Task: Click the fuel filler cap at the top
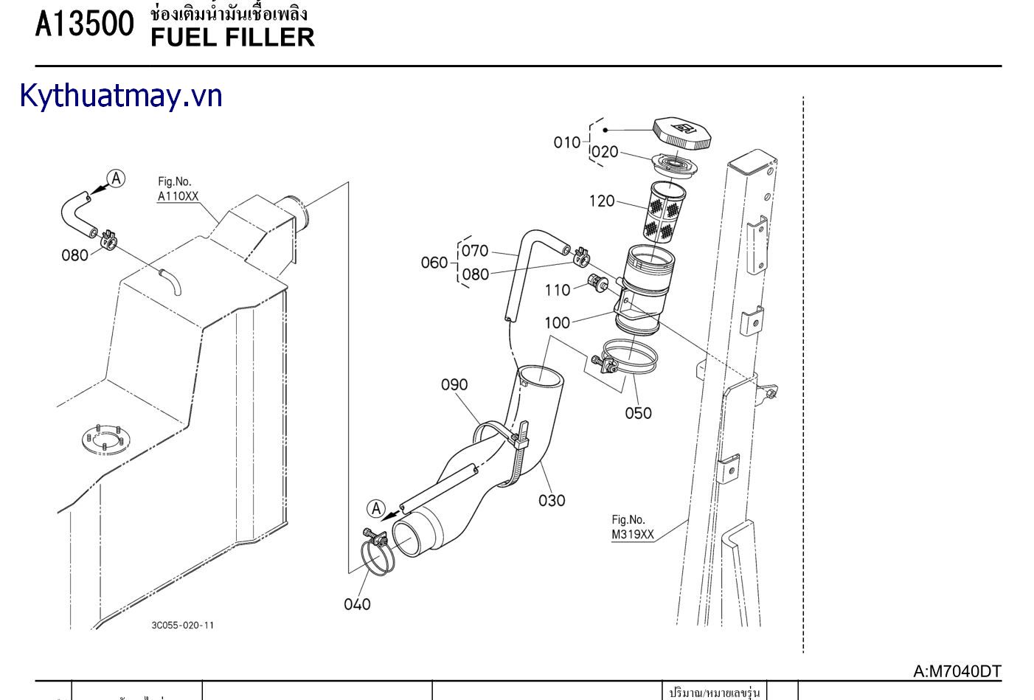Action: (x=682, y=133)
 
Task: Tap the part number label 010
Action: (x=567, y=142)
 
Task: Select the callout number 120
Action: (x=602, y=201)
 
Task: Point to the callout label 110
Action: (x=558, y=291)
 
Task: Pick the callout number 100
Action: (x=558, y=323)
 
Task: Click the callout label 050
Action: (x=639, y=413)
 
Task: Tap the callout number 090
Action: (x=454, y=385)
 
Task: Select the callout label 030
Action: (x=552, y=501)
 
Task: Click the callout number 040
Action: (x=358, y=605)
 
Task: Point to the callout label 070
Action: (x=475, y=252)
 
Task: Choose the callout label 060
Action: (x=434, y=263)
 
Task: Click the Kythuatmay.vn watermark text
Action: (x=121, y=97)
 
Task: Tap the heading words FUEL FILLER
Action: (x=232, y=38)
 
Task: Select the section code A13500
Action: (x=85, y=25)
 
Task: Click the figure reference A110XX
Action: (x=178, y=197)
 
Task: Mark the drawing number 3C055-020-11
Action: (x=183, y=626)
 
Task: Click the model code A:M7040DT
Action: (x=957, y=671)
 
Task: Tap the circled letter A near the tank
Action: (x=116, y=179)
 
